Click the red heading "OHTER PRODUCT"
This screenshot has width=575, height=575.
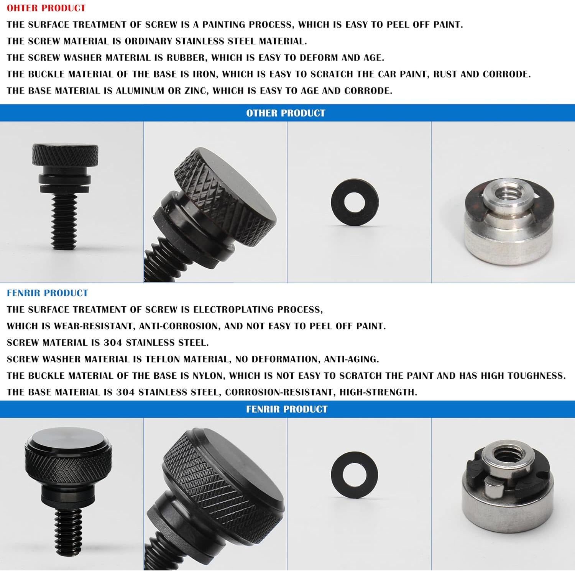(x=46, y=8)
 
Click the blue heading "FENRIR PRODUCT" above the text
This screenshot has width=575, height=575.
(x=48, y=293)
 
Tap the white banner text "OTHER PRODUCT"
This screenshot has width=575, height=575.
(x=286, y=113)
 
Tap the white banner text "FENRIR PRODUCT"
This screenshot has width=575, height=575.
(x=287, y=409)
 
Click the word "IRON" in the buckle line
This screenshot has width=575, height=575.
(x=204, y=74)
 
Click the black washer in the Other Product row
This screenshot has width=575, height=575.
(x=355, y=202)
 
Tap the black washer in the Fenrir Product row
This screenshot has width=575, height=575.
(x=354, y=475)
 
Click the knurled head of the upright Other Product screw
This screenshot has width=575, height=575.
(x=65, y=155)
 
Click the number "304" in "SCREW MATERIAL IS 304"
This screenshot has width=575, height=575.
(x=113, y=343)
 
